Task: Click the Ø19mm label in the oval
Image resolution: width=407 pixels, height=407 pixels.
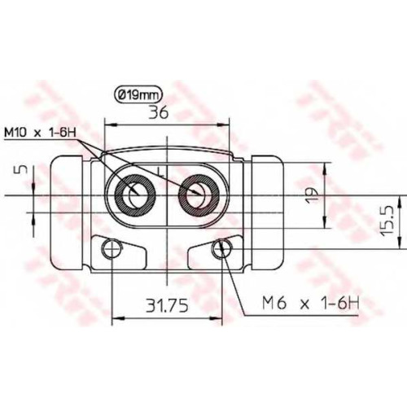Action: pos(138,95)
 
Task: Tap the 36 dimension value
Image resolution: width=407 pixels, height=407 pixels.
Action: pos(159,112)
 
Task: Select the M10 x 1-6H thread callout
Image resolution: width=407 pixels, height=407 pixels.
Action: pos(41,133)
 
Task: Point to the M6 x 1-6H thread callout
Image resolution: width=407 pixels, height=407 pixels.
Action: pos(310,303)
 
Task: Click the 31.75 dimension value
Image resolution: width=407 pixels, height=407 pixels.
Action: pos(167,305)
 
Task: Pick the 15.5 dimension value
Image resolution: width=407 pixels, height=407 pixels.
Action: pos(387,220)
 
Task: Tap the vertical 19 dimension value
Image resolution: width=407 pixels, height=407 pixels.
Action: pos(312,195)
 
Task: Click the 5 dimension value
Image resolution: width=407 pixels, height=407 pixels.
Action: pos(24,169)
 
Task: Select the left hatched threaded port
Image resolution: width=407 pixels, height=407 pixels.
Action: pos(134,195)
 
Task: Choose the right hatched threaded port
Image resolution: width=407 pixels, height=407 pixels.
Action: pos(199,195)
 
